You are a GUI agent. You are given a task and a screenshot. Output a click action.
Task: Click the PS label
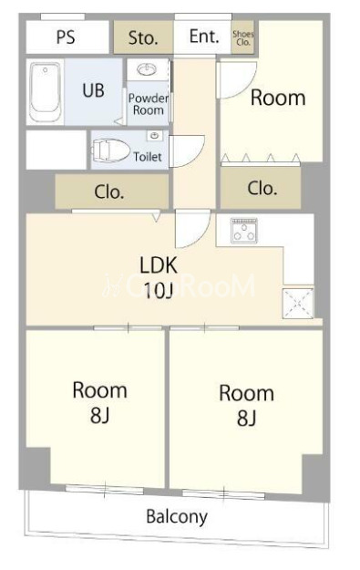(66, 37)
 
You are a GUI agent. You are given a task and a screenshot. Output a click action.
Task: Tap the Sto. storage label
(143, 37)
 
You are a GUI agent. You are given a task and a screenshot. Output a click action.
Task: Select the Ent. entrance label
(204, 36)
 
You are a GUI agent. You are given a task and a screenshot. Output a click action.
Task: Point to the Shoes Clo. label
(243, 37)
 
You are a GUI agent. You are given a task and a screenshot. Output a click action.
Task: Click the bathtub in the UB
(45, 92)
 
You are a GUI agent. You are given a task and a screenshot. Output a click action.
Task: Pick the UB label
(93, 90)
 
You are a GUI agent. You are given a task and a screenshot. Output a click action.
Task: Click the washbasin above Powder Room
(147, 69)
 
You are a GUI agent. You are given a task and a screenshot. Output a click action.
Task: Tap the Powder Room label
(149, 104)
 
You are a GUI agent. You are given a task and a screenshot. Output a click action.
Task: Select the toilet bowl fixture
(110, 150)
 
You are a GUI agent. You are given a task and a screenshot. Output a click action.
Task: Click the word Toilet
(148, 157)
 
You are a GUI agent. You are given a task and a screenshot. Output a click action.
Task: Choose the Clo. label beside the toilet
(109, 192)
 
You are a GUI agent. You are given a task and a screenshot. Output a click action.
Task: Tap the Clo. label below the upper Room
(262, 188)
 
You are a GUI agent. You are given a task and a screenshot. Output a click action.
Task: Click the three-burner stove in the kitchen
(244, 231)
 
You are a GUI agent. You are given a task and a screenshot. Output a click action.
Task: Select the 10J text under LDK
(158, 290)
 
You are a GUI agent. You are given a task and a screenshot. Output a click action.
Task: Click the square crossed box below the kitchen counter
(298, 303)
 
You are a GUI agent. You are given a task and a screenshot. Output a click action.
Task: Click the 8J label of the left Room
(100, 415)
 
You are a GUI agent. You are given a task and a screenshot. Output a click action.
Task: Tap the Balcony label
(177, 516)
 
